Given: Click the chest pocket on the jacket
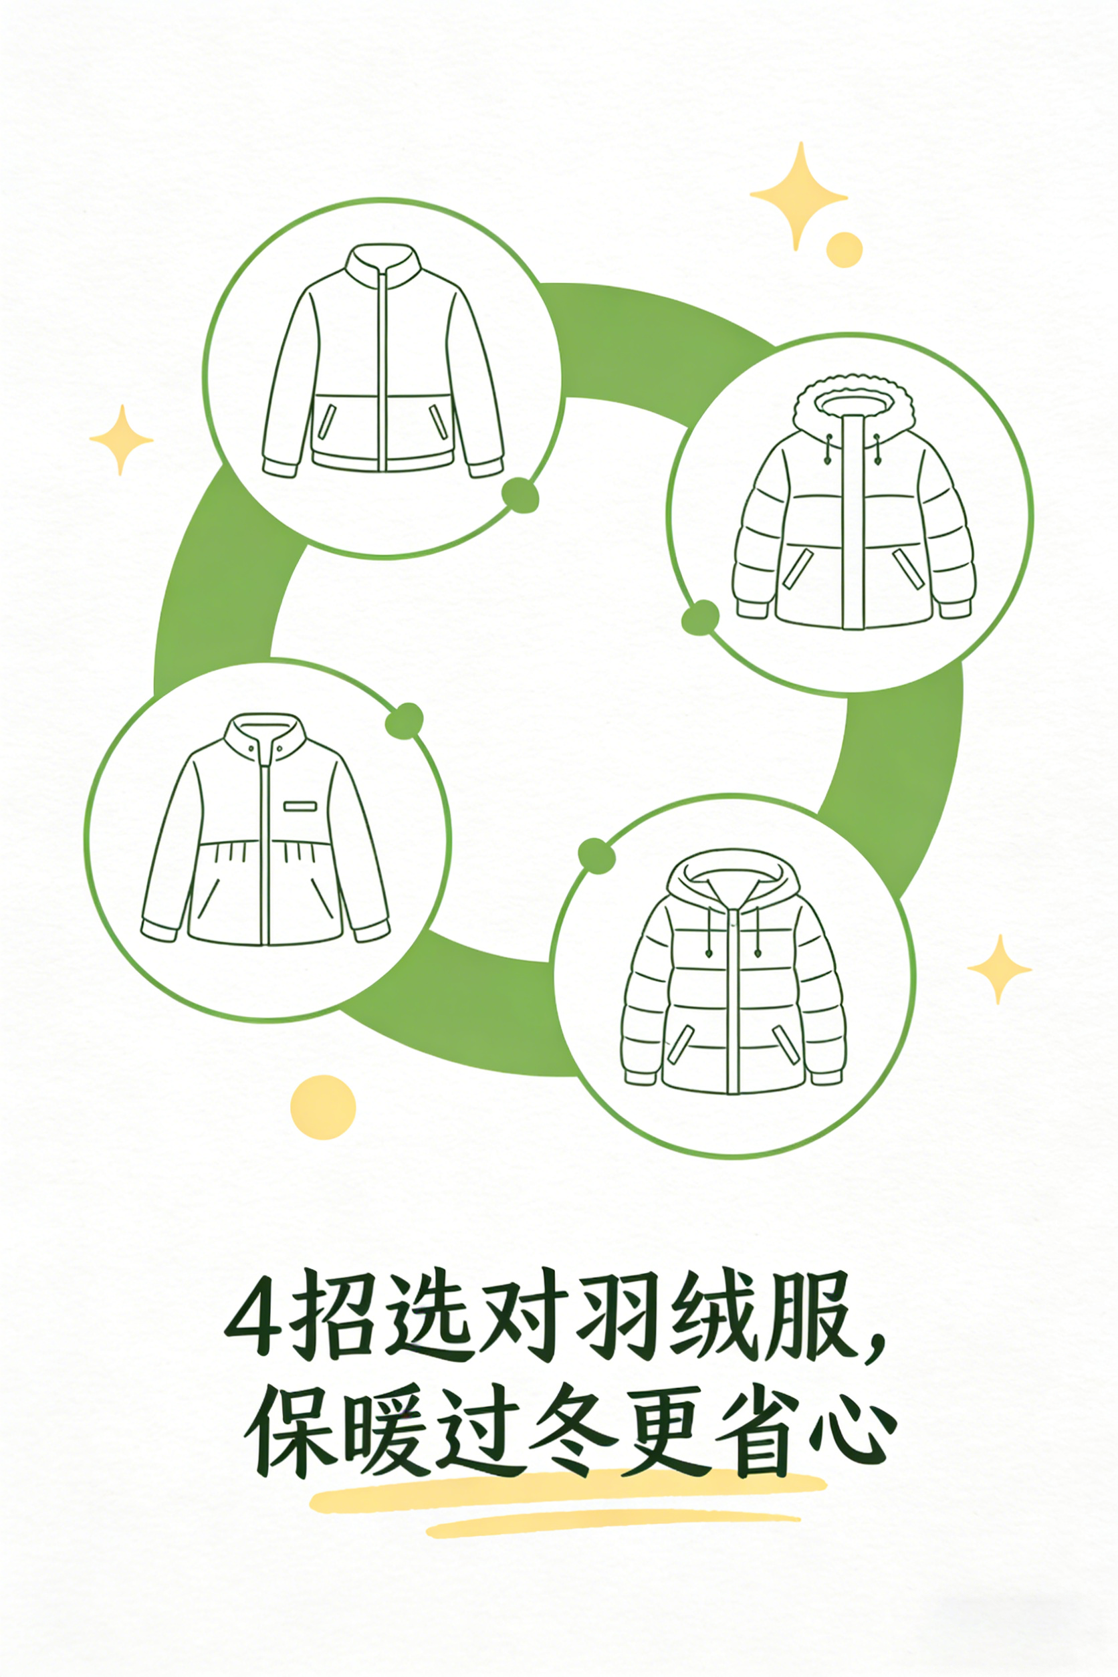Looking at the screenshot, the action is coord(300,806).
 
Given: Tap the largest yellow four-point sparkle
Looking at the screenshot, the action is coord(800,195).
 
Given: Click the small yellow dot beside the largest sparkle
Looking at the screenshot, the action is coord(845,249).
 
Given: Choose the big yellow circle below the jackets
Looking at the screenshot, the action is coord(323,1107).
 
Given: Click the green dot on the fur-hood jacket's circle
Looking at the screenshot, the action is coord(700,617).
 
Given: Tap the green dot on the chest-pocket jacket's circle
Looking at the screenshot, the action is coord(405,721).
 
